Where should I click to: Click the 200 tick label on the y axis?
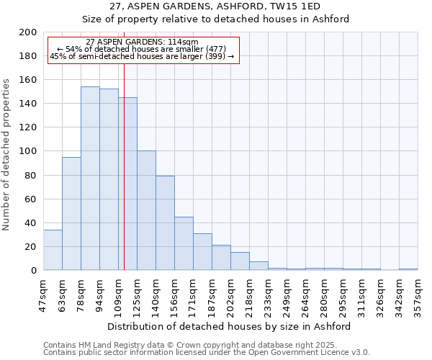28,32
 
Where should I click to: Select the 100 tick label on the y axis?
28,151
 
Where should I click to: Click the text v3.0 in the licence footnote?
359,353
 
